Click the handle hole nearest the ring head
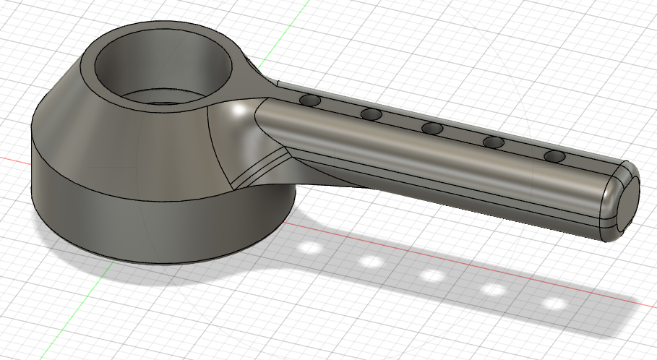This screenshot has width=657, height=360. click(311, 100)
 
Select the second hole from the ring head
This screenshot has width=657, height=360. click(371, 114)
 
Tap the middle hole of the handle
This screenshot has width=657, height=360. click(432, 128)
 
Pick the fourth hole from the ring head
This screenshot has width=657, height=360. click(494, 142)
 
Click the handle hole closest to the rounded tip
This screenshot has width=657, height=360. click(554, 155)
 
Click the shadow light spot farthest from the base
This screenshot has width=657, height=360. click(554, 304)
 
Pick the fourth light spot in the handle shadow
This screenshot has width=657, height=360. click(494, 290)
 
